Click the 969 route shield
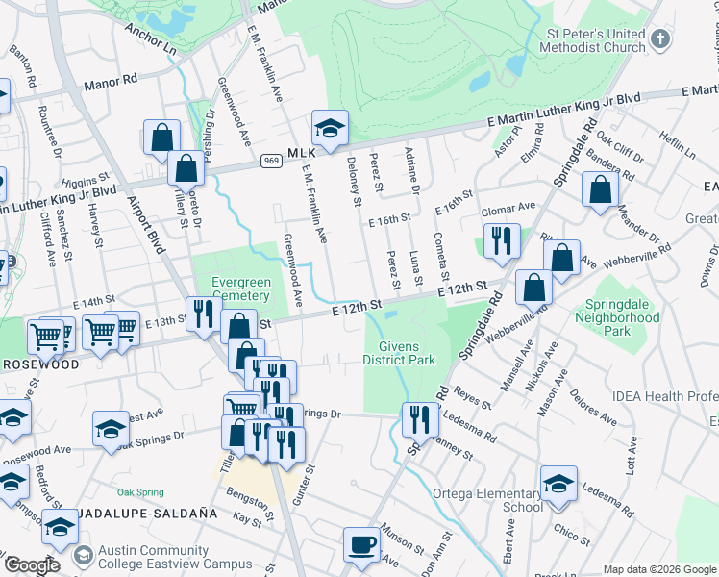point(270,162)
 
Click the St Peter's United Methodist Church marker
point(659,40)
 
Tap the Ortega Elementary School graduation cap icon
point(558,484)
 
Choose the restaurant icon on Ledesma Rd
point(419,420)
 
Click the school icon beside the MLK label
point(330,128)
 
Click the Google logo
point(33,565)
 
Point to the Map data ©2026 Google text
point(659,569)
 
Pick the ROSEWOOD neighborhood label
point(39,365)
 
